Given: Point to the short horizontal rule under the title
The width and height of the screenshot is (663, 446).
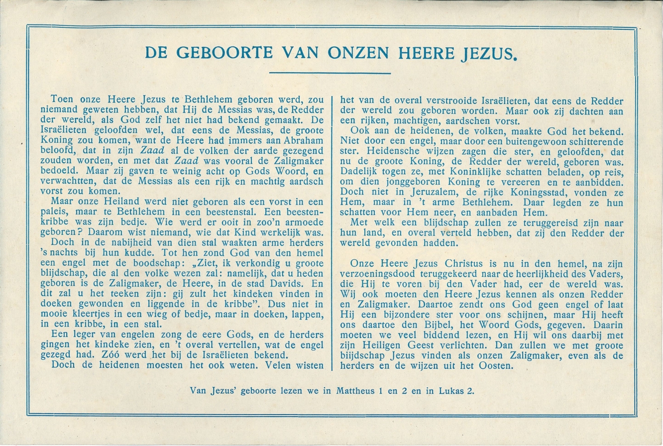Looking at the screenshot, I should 331,73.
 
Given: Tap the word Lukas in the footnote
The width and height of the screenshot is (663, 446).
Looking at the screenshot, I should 451,391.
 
